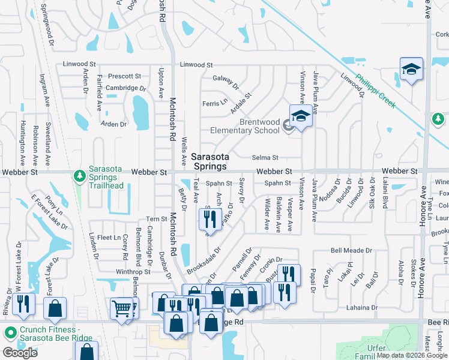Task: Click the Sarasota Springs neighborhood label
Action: click(x=209, y=161)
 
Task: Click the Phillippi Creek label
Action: click(x=375, y=91)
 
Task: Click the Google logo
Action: click(x=20, y=353)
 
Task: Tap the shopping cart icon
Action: click(x=122, y=308)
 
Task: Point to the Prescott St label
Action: click(x=124, y=76)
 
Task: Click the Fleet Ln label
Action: click(x=109, y=238)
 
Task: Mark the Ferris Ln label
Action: click(x=214, y=103)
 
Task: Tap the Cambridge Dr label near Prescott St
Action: click(x=126, y=88)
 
